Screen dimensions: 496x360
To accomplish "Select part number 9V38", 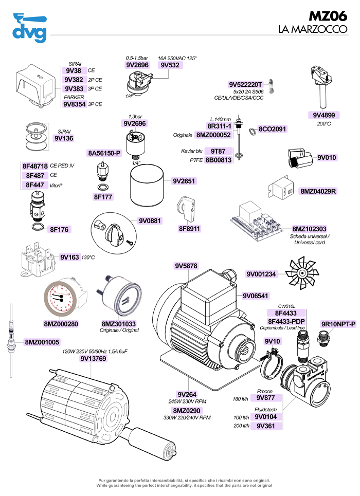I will click(x=74, y=71).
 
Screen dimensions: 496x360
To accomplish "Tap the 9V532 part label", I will click(x=170, y=66).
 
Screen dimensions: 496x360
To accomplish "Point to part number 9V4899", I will click(x=325, y=115).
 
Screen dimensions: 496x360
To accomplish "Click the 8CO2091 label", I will click(x=272, y=129).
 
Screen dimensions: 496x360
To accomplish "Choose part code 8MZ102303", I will click(x=310, y=229).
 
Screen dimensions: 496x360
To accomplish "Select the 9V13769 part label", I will click(x=94, y=359).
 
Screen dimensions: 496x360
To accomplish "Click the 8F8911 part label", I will click(x=190, y=228).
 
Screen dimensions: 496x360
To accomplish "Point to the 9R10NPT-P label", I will click(x=338, y=324).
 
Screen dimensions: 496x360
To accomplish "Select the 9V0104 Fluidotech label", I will click(x=266, y=417).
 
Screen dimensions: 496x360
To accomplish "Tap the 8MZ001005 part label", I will click(x=42, y=342).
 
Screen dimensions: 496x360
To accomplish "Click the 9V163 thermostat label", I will click(x=69, y=256).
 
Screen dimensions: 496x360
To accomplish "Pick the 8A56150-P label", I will click(x=104, y=153).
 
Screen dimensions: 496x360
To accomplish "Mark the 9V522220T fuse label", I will click(x=246, y=84).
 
